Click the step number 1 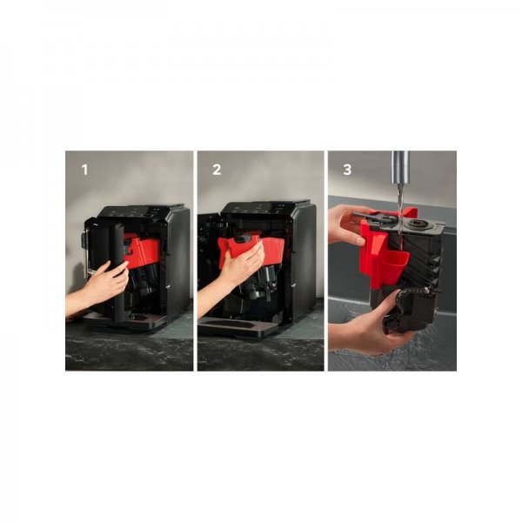coord(85,170)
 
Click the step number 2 coord(217,170)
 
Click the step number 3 coord(347,170)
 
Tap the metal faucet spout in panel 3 coord(400,167)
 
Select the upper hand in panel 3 coord(346,224)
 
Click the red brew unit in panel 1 coord(143,250)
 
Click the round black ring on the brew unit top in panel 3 coord(418,223)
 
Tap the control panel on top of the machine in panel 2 coord(266,207)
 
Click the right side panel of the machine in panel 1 coord(179,263)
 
